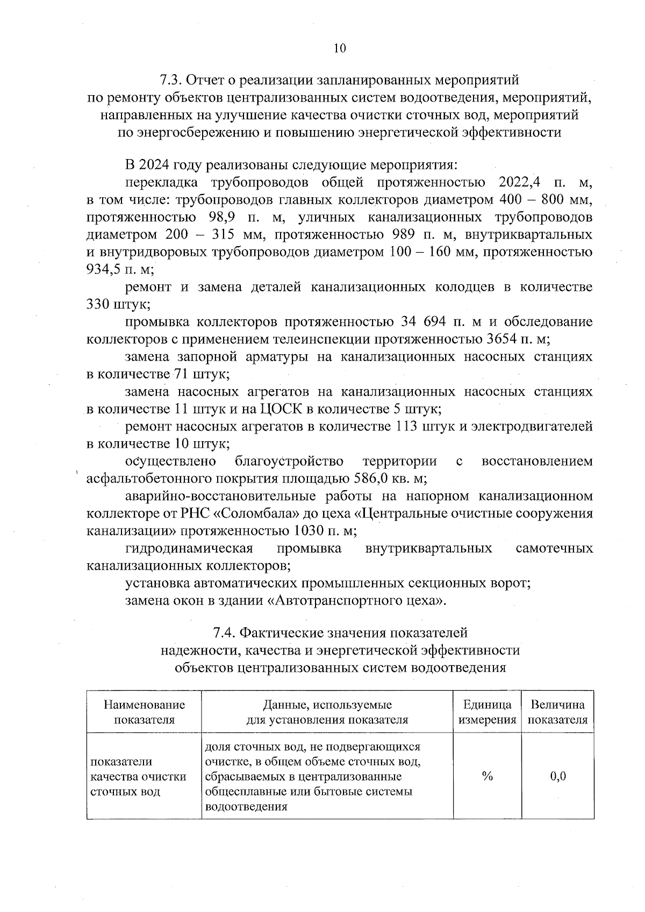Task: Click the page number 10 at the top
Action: point(339,48)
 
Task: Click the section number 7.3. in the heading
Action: point(171,81)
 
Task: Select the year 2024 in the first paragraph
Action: point(157,164)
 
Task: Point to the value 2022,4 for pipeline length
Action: point(519,182)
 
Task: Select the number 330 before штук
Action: point(98,304)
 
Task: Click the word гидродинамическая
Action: point(189,548)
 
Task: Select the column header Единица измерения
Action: point(487,712)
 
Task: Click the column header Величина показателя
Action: point(558,712)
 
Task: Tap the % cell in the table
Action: point(487,776)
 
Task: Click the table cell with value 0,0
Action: point(558,776)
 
